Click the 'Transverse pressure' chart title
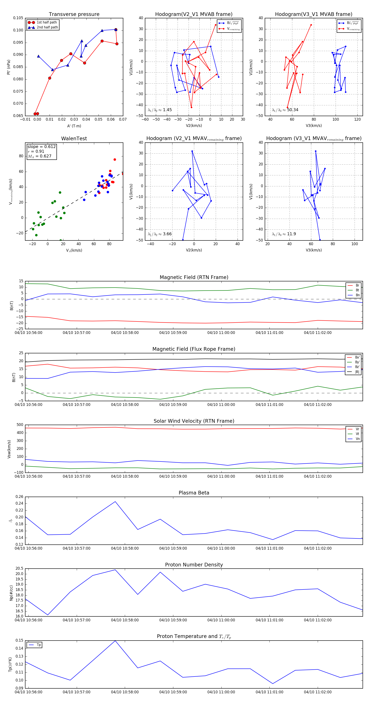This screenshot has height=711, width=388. (74, 14)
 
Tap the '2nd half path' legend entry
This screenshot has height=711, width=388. (47, 27)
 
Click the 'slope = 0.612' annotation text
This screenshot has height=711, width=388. (41, 147)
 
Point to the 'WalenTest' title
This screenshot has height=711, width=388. (74, 139)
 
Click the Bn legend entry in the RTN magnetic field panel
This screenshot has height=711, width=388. (357, 295)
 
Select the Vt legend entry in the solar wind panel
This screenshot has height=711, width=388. (357, 434)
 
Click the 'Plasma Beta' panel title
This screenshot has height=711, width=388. (194, 493)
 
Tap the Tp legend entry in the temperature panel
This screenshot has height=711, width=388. (38, 645)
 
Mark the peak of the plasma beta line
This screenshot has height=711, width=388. (115, 502)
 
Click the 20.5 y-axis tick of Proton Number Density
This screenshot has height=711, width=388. (19, 569)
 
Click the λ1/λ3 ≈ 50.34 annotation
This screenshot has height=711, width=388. (285, 110)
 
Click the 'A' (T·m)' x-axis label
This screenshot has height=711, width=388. (74, 126)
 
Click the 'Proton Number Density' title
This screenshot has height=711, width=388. (194, 565)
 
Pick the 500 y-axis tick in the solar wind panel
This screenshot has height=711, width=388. (20, 425)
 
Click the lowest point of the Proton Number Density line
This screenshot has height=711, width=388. (48, 615)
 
